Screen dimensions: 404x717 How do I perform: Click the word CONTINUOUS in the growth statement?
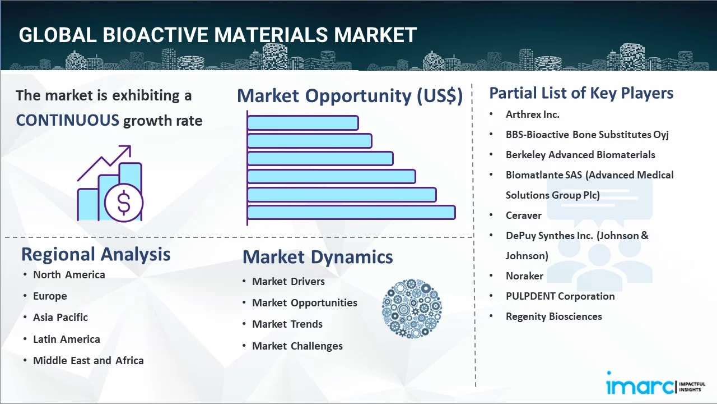tap(67, 120)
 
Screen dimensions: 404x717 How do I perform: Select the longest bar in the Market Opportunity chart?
tap(351, 213)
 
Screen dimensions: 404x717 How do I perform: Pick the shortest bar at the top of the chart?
tap(302, 122)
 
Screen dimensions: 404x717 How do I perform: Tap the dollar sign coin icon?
tap(124, 203)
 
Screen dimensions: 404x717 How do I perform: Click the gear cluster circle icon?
tap(412, 309)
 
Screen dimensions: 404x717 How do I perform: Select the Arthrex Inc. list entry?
tap(532, 114)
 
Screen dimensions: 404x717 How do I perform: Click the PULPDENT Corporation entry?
tap(560, 296)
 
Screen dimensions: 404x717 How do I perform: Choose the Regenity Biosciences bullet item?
tap(553, 316)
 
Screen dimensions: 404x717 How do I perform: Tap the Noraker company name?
tap(524, 276)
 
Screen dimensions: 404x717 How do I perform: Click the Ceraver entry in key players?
tap(523, 215)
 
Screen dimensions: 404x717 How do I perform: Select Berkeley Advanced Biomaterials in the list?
tap(580, 155)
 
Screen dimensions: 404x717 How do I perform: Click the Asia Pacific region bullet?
tap(60, 318)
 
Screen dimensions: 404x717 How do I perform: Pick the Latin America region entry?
tap(66, 339)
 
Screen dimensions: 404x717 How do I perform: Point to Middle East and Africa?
tap(88, 361)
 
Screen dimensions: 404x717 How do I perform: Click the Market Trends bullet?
tap(287, 324)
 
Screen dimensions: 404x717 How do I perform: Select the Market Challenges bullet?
tap(297, 346)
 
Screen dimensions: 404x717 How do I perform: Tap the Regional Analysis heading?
tap(96, 254)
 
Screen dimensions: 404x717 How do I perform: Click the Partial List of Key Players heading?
tap(581, 93)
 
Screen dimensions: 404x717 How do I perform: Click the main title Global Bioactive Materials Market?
tap(217, 35)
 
